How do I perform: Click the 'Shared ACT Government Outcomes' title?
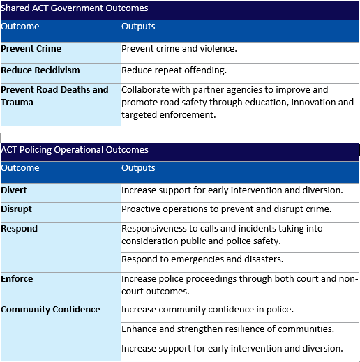tap(74, 9)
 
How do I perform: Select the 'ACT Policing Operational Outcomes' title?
tap(75, 150)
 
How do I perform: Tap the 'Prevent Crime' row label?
tap(31, 50)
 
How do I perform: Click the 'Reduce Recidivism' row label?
tap(40, 70)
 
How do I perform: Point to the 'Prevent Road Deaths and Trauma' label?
tap(54, 96)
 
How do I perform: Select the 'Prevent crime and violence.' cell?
tap(179, 50)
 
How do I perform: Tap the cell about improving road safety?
tap(237, 102)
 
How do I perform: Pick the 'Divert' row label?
tap(14, 190)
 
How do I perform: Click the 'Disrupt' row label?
tap(17, 209)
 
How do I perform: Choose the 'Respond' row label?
tap(20, 229)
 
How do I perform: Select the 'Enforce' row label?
tap(17, 279)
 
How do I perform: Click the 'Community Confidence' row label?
tap(50, 310)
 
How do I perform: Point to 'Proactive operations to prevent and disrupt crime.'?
tap(226, 209)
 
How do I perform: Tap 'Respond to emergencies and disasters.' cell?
tap(202, 259)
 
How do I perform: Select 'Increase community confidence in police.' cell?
tap(207, 310)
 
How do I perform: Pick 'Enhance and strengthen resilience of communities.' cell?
tap(227, 329)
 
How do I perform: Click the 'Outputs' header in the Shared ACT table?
tap(138, 27)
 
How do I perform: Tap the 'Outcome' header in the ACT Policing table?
tap(20, 168)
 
